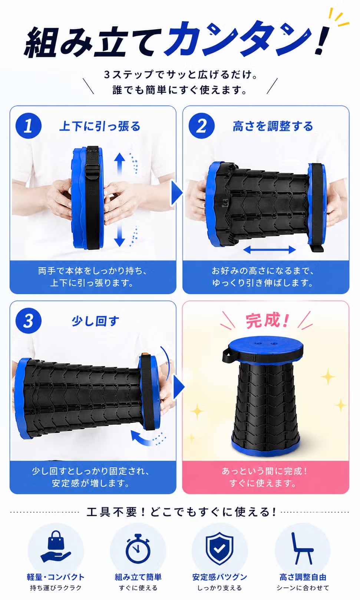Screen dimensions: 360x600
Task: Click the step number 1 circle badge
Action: (x=29, y=126)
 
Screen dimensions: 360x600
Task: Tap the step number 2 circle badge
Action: (x=202, y=126)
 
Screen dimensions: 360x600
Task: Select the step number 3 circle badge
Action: (x=29, y=321)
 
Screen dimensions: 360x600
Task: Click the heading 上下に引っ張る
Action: (x=100, y=126)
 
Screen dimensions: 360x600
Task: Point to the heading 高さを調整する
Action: (x=273, y=126)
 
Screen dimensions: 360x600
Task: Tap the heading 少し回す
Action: (x=95, y=321)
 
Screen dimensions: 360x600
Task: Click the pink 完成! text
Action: (x=267, y=321)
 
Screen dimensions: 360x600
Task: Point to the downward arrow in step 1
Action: (x=119, y=235)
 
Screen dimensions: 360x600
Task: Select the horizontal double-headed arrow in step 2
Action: (x=270, y=250)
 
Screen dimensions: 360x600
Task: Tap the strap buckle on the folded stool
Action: (x=93, y=170)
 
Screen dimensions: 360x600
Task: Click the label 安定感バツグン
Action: (x=219, y=577)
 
